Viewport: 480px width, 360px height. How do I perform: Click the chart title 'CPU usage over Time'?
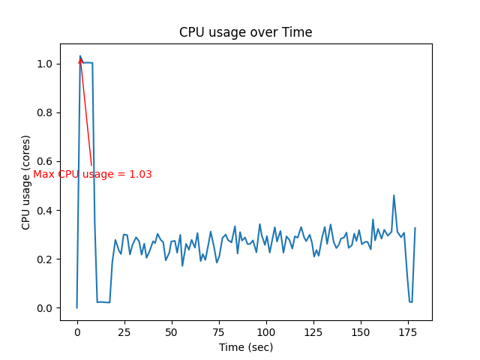pos(245,33)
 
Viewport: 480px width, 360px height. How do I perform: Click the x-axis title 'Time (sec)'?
pos(245,347)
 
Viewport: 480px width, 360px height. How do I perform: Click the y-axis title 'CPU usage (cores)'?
pos(26,182)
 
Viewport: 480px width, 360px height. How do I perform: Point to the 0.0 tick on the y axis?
pos(46,308)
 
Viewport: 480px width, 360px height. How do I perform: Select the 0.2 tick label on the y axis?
pos(46,259)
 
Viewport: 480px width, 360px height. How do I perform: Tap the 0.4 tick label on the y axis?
pos(46,211)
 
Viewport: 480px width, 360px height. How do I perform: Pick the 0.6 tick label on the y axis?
pos(46,162)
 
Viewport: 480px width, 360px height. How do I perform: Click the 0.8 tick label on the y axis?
pos(46,113)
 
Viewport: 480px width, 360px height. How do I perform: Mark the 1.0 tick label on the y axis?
pos(46,64)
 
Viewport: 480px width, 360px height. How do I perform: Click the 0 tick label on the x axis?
pos(76,331)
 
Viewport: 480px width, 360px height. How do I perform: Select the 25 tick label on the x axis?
pos(124,331)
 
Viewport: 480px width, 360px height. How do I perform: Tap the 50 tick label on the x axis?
pos(171,331)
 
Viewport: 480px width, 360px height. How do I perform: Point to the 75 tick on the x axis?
pos(218,331)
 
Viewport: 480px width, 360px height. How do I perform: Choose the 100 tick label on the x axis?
pos(265,331)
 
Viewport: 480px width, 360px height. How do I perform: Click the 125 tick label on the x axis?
pos(313,331)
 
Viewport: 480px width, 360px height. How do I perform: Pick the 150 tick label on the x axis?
pos(360,331)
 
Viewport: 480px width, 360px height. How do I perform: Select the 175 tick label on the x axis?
pos(407,331)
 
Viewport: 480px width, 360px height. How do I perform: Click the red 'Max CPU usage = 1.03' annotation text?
pos(92,175)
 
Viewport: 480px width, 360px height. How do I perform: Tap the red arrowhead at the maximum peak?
pos(81,60)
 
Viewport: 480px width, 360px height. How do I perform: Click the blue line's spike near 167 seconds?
pos(394,196)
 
